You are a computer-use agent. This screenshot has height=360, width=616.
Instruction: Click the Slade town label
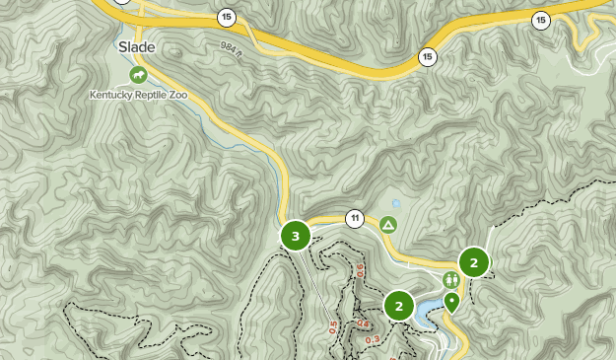137,46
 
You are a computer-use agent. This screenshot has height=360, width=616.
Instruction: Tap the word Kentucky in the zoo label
115,96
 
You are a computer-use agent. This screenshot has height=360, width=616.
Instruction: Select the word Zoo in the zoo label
176,96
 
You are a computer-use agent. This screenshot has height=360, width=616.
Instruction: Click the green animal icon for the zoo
138,74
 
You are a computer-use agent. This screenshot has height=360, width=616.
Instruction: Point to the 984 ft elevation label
230,46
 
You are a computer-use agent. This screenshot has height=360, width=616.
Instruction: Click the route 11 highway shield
355,218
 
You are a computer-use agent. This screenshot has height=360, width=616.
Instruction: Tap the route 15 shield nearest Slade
228,17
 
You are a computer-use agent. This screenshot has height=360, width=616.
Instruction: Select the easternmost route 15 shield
540,19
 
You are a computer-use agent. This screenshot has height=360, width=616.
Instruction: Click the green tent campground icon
388,225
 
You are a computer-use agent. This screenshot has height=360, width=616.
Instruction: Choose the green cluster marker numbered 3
296,236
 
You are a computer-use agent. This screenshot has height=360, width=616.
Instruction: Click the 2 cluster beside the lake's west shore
398,305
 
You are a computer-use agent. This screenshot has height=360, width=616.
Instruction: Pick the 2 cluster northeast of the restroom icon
474,261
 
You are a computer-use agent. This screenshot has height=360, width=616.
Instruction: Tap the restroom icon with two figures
450,280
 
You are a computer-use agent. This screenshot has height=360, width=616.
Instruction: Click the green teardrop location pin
452,302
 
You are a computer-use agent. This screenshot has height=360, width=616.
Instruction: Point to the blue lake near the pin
430,315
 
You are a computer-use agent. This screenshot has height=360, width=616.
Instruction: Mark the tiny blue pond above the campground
396,203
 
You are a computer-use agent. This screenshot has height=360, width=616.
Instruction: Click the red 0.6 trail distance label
361,269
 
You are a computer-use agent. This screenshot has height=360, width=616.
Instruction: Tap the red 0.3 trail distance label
373,340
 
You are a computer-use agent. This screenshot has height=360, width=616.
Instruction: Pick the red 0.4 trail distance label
363,324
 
